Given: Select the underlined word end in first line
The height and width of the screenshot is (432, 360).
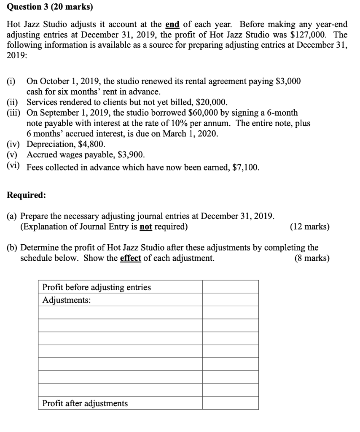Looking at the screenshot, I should click(172, 24).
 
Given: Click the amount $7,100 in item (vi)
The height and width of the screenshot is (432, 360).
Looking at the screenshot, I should click(245, 167).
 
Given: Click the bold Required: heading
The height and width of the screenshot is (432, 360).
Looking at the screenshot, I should click(27, 195).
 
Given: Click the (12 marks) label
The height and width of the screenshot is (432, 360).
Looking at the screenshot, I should click(310, 227).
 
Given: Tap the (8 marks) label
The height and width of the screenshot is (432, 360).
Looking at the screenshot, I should click(312, 258).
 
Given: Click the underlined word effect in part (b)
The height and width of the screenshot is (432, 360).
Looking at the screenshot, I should click(130, 258).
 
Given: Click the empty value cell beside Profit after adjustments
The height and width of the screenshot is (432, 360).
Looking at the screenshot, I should click(230, 403).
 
